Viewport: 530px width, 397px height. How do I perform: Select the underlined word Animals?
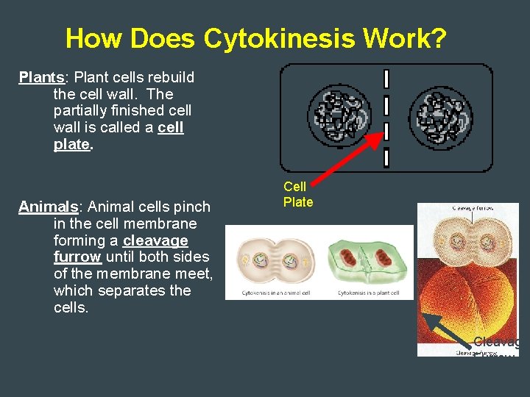48,207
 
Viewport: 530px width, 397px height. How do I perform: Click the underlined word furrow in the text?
77,257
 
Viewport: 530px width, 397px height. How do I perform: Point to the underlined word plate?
71,144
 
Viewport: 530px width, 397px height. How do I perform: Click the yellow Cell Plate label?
298,194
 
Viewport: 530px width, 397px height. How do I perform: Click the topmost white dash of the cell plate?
386,79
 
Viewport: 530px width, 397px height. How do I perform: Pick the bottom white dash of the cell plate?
386,158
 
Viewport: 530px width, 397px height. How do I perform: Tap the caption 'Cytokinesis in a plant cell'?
368,293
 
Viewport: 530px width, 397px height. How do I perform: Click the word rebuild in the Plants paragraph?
170,77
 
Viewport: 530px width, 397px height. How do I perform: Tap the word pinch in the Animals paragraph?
193,207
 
